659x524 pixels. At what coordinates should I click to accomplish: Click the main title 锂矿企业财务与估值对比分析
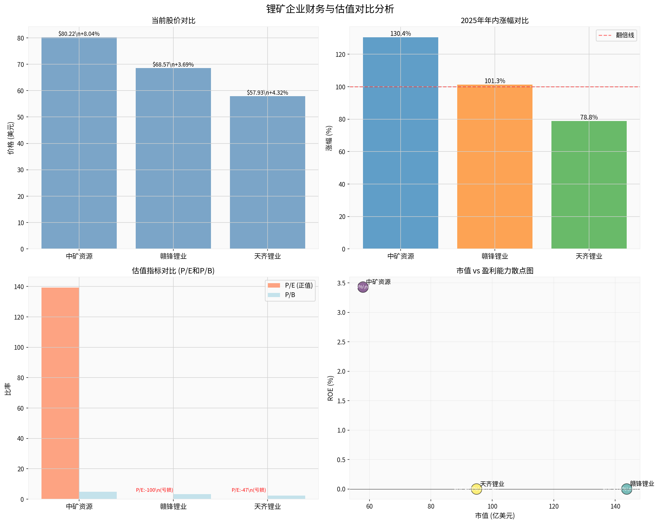(330, 9)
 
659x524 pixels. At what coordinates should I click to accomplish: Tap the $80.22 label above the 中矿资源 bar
(79, 34)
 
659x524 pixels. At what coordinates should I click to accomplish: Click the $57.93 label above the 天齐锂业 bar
(267, 93)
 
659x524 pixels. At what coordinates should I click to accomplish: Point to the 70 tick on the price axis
(20, 65)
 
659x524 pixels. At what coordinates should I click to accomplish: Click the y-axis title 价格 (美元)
(11, 138)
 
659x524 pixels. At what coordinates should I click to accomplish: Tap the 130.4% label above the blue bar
(400, 33)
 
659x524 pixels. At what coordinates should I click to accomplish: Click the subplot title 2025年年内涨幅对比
(494, 20)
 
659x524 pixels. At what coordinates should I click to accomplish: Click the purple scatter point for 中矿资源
(362, 287)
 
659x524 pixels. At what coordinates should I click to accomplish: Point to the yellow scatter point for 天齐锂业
(476, 489)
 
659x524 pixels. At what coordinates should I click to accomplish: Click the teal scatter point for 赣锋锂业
(626, 489)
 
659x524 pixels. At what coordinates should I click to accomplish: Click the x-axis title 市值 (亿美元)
(494, 515)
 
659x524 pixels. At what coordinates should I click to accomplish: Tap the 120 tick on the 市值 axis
(553, 507)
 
